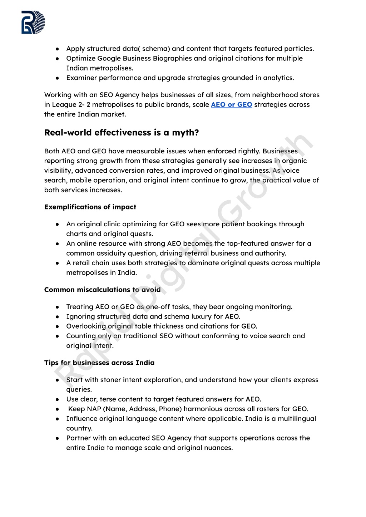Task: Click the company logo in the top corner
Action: point(33,22)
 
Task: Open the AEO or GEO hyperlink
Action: point(232,105)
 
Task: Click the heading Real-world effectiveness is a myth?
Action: point(122,133)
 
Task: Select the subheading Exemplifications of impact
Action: point(90,207)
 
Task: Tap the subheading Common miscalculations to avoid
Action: point(102,290)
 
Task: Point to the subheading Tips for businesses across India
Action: point(99,363)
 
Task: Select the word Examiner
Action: point(81,78)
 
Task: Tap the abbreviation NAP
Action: point(94,409)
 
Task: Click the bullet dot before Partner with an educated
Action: point(57,438)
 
